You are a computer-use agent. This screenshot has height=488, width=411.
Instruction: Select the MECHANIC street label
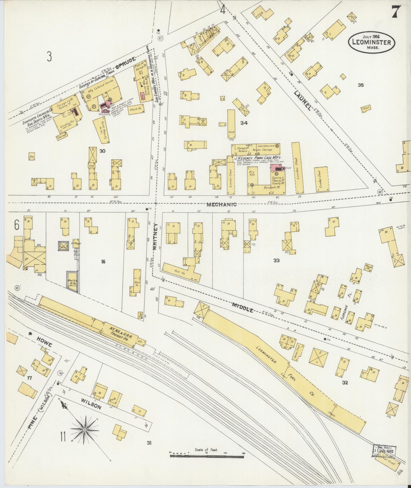[221, 204]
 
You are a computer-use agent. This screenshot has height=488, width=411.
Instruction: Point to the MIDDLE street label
[243, 307]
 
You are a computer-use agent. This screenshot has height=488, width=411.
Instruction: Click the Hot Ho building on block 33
[180, 272]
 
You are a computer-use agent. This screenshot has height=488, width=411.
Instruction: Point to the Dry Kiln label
[252, 173]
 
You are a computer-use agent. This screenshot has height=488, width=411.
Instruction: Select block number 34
[244, 123]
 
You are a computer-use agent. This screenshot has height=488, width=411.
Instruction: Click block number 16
[103, 261]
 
